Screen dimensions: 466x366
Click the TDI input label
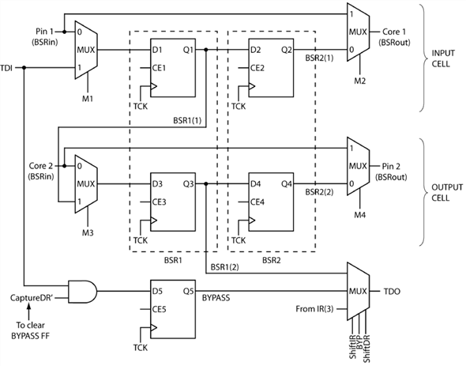tap(6, 68)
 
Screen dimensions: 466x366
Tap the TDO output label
tap(392, 292)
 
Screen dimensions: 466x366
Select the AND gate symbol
tap(83, 292)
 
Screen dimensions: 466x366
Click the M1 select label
tap(88, 98)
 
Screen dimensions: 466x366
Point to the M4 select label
tap(360, 214)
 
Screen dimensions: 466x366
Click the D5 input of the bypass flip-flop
tap(157, 291)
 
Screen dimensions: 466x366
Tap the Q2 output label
tap(287, 50)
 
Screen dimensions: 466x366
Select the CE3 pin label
tap(159, 202)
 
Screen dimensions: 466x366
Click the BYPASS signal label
tap(216, 297)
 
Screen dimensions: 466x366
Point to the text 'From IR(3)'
tap(314, 309)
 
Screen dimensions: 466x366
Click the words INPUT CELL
tap(443, 58)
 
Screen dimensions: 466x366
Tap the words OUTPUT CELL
tap(447, 193)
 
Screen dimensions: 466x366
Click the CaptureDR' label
tap(32, 298)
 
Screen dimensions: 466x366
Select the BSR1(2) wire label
tap(224, 267)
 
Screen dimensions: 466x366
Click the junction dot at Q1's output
tap(206, 50)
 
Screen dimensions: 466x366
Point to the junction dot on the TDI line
tap(24, 68)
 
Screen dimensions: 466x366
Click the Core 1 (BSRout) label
tap(394, 37)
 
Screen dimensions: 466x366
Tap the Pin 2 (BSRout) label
tap(391, 172)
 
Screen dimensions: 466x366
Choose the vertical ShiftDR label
tap(366, 349)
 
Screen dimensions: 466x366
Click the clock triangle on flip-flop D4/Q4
tap(252, 221)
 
